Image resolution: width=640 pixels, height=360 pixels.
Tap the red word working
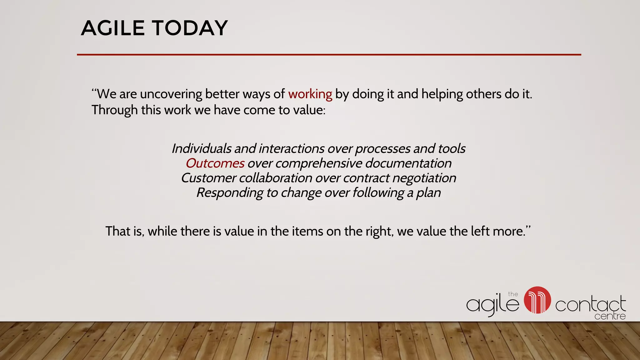point(310,94)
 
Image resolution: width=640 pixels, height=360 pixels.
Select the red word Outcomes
point(215,163)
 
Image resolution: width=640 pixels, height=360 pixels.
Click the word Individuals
point(201,148)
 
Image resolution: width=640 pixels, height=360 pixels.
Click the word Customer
point(208,178)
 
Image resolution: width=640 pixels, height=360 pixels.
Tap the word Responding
point(230,193)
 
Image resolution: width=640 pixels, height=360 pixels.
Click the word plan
point(428,193)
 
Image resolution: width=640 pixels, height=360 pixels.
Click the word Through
point(114,110)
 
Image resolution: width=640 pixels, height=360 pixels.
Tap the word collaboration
point(275,178)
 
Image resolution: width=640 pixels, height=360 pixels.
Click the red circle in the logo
point(537,300)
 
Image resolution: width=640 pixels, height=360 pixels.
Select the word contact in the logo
point(590,304)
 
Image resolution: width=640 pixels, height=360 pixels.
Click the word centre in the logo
point(610,316)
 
